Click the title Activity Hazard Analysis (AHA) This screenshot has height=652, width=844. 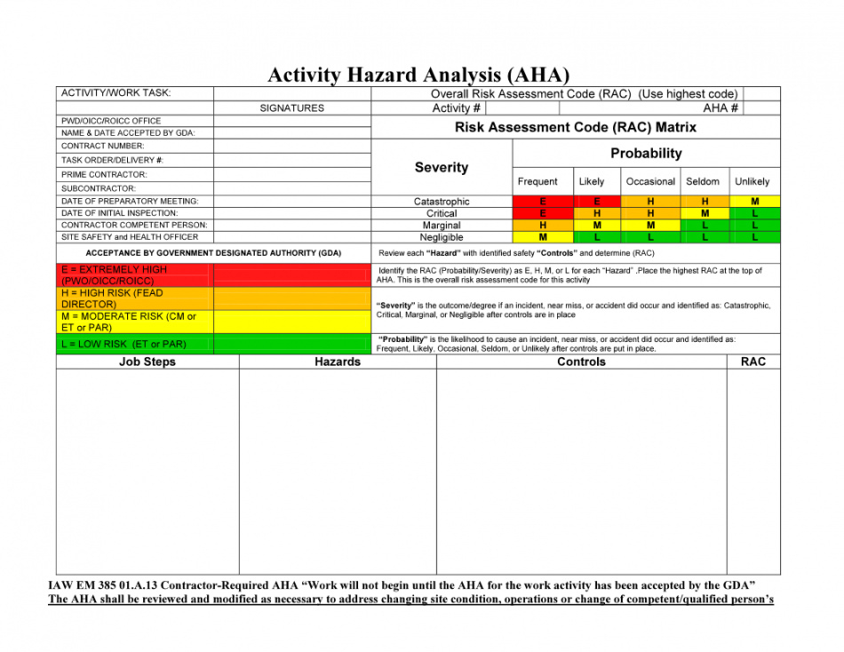[x=418, y=76]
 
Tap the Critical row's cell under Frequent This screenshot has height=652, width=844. [x=542, y=214]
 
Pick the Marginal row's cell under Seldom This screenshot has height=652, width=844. [x=705, y=226]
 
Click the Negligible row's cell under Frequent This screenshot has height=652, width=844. [x=542, y=237]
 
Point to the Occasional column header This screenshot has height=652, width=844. [x=650, y=182]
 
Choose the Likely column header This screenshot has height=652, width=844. [x=591, y=182]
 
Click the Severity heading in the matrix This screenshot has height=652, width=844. [x=442, y=167]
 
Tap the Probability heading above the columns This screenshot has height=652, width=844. [x=646, y=154]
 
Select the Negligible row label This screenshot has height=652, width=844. [x=442, y=237]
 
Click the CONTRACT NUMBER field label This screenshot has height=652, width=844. [x=103, y=146]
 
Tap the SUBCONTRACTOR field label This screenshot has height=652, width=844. [x=99, y=188]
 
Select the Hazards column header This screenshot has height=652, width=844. [x=338, y=362]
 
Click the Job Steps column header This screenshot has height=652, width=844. [x=147, y=362]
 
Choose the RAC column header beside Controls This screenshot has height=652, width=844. [x=752, y=362]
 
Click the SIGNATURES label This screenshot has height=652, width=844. [x=291, y=108]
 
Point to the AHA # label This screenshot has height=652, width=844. [x=721, y=108]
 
